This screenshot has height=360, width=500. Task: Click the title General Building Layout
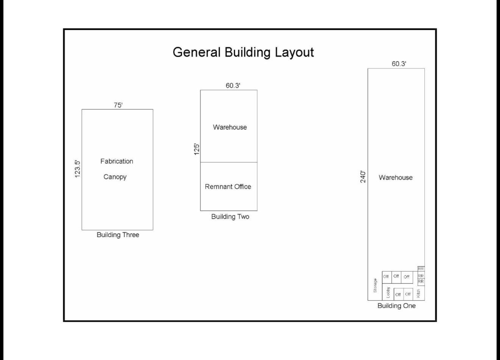[243, 52]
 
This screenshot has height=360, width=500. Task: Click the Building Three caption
[118, 235]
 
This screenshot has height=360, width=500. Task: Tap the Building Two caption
[230, 217]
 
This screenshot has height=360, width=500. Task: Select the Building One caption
[397, 305]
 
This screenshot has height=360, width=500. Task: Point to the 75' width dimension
[118, 105]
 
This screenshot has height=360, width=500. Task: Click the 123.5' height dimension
[77, 169]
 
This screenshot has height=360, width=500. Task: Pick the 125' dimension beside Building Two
[197, 149]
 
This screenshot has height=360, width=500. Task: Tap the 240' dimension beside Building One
[363, 177]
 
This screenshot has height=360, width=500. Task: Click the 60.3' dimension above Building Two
[233, 86]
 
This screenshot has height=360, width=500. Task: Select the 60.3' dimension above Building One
[399, 64]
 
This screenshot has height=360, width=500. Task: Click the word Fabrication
[117, 161]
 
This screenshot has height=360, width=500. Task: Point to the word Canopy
[115, 177]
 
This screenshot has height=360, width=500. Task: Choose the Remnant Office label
[228, 187]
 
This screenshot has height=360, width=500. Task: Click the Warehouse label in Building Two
[230, 127]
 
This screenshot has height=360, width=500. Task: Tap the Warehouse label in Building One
[395, 178]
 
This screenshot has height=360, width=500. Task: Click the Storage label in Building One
[375, 285]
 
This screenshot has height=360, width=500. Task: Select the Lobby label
[388, 292]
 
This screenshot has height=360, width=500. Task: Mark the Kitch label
[418, 293]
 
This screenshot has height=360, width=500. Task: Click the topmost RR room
[421, 269]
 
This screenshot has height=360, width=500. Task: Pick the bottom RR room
[421, 282]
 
